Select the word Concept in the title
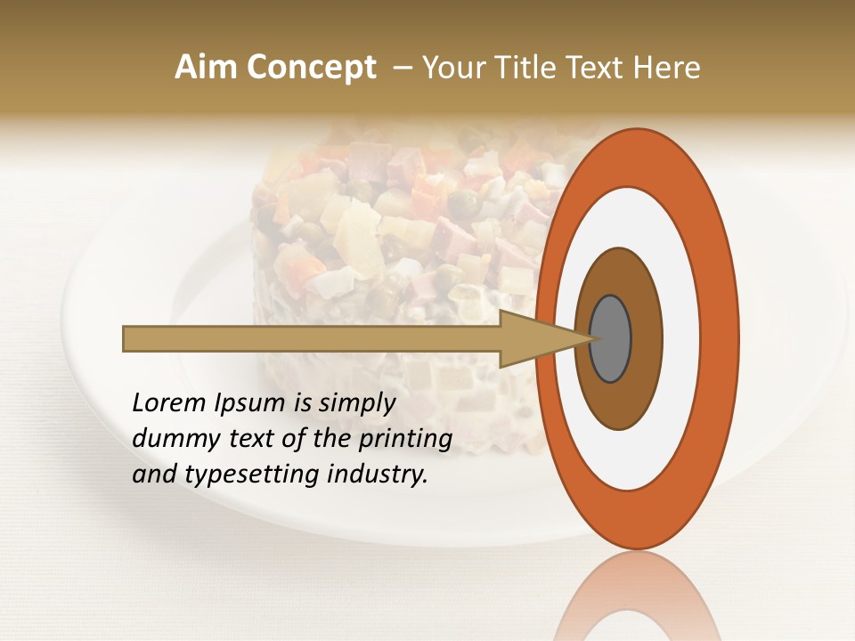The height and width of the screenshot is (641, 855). [311, 68]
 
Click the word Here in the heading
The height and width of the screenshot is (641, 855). [668, 68]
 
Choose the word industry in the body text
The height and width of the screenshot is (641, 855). [378, 475]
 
